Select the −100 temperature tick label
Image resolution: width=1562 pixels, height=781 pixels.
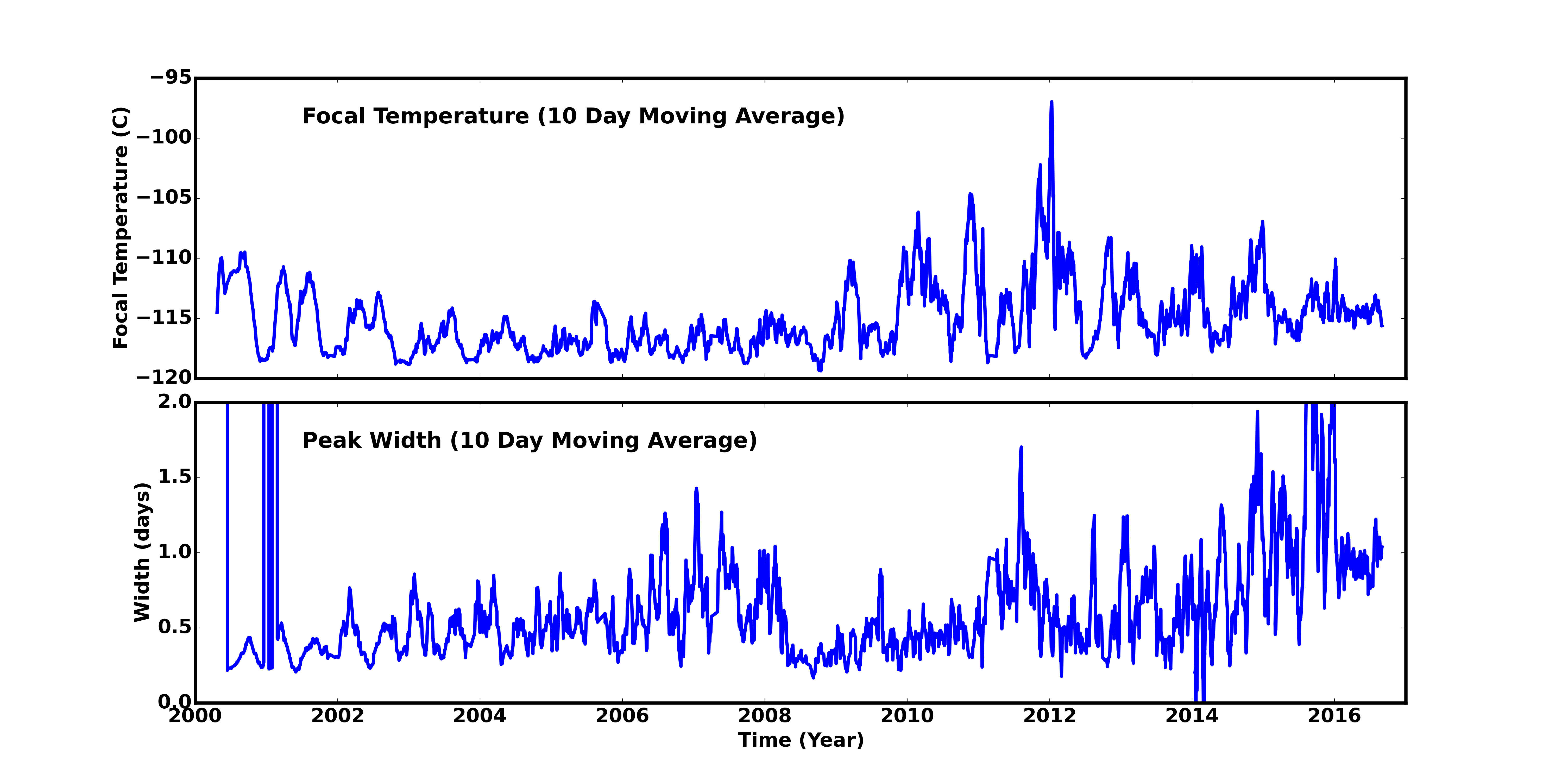(164, 138)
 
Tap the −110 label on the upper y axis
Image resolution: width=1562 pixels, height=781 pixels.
(164, 258)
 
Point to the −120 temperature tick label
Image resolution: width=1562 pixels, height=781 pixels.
(164, 378)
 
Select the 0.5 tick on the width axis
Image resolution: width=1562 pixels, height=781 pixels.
(175, 627)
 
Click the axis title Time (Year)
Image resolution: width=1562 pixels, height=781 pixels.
(801, 740)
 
